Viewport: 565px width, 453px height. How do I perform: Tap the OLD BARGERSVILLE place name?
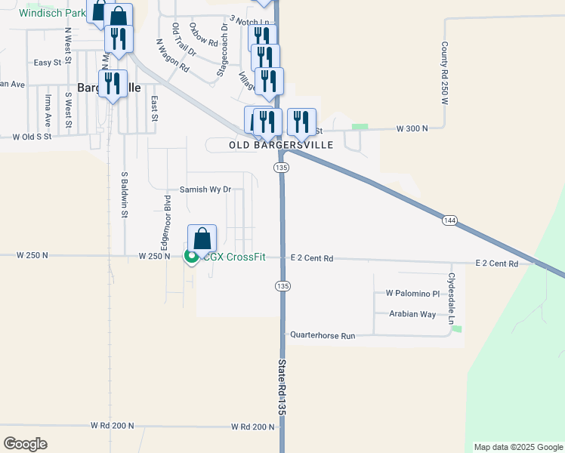[281, 145]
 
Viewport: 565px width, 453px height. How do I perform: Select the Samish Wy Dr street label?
[205, 190]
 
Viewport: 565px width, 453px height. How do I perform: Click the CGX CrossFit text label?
[235, 257]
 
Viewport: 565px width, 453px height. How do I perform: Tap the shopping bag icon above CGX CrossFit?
[202, 239]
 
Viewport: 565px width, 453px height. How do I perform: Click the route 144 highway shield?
[449, 220]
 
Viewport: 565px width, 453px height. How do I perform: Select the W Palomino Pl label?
[412, 293]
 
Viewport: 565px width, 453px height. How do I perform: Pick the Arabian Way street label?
[412, 314]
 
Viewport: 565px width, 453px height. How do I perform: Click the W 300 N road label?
[412, 129]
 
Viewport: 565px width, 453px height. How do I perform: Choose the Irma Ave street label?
[48, 110]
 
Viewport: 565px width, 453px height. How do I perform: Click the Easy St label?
[48, 63]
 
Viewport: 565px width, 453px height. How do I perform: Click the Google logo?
[26, 443]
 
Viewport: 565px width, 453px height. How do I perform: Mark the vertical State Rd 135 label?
[282, 387]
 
